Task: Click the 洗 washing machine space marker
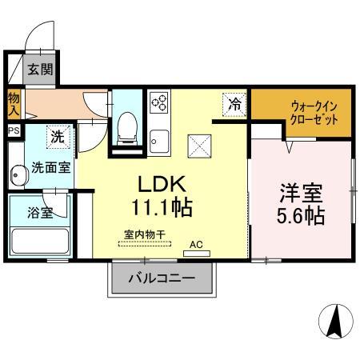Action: (x=58, y=136)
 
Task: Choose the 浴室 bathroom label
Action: (x=38, y=214)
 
